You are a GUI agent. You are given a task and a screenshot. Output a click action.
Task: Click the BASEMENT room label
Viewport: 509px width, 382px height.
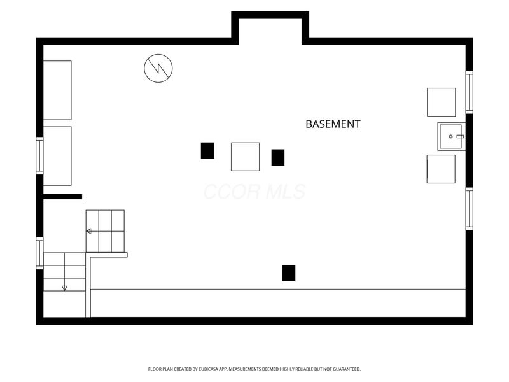[333, 124]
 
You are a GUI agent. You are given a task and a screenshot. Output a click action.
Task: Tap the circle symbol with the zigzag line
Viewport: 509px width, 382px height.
[158, 68]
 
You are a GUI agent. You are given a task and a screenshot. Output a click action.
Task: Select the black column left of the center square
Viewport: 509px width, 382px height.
[207, 151]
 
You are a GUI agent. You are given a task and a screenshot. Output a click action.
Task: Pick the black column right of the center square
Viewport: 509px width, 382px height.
[278, 157]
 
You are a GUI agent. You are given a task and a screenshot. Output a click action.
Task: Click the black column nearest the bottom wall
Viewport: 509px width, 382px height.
[289, 273]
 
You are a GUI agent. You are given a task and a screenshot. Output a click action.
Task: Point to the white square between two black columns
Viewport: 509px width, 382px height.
[245, 157]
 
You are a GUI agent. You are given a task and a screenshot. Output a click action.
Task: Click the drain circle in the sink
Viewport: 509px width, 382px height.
[450, 136]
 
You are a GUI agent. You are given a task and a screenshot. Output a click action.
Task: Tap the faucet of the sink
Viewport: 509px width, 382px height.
[460, 136]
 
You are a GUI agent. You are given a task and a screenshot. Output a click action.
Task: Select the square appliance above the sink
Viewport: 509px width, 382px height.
[441, 102]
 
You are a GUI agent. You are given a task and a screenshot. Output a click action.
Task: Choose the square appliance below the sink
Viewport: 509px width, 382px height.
[441, 169]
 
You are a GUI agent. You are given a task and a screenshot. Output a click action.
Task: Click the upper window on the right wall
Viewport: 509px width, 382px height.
[470, 92]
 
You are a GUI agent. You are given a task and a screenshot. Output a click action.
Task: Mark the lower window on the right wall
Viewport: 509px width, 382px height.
[470, 209]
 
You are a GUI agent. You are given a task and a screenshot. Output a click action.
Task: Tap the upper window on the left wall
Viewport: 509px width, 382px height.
[39, 155]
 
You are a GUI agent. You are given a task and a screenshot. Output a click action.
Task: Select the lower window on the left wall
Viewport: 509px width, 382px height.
[39, 253]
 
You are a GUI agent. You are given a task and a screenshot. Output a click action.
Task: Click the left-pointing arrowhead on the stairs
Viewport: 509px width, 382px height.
[88, 231]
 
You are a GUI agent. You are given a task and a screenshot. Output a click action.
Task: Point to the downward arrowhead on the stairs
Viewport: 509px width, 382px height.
[65, 288]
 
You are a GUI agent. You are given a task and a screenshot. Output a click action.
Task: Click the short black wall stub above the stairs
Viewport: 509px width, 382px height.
[62, 197]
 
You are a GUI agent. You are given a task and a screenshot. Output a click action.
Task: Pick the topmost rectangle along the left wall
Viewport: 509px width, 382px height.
[57, 90]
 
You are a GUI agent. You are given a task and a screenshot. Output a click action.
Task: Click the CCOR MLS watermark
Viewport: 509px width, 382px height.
[254, 192]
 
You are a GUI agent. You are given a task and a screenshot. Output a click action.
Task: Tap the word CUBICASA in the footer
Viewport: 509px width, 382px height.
[208, 369]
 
